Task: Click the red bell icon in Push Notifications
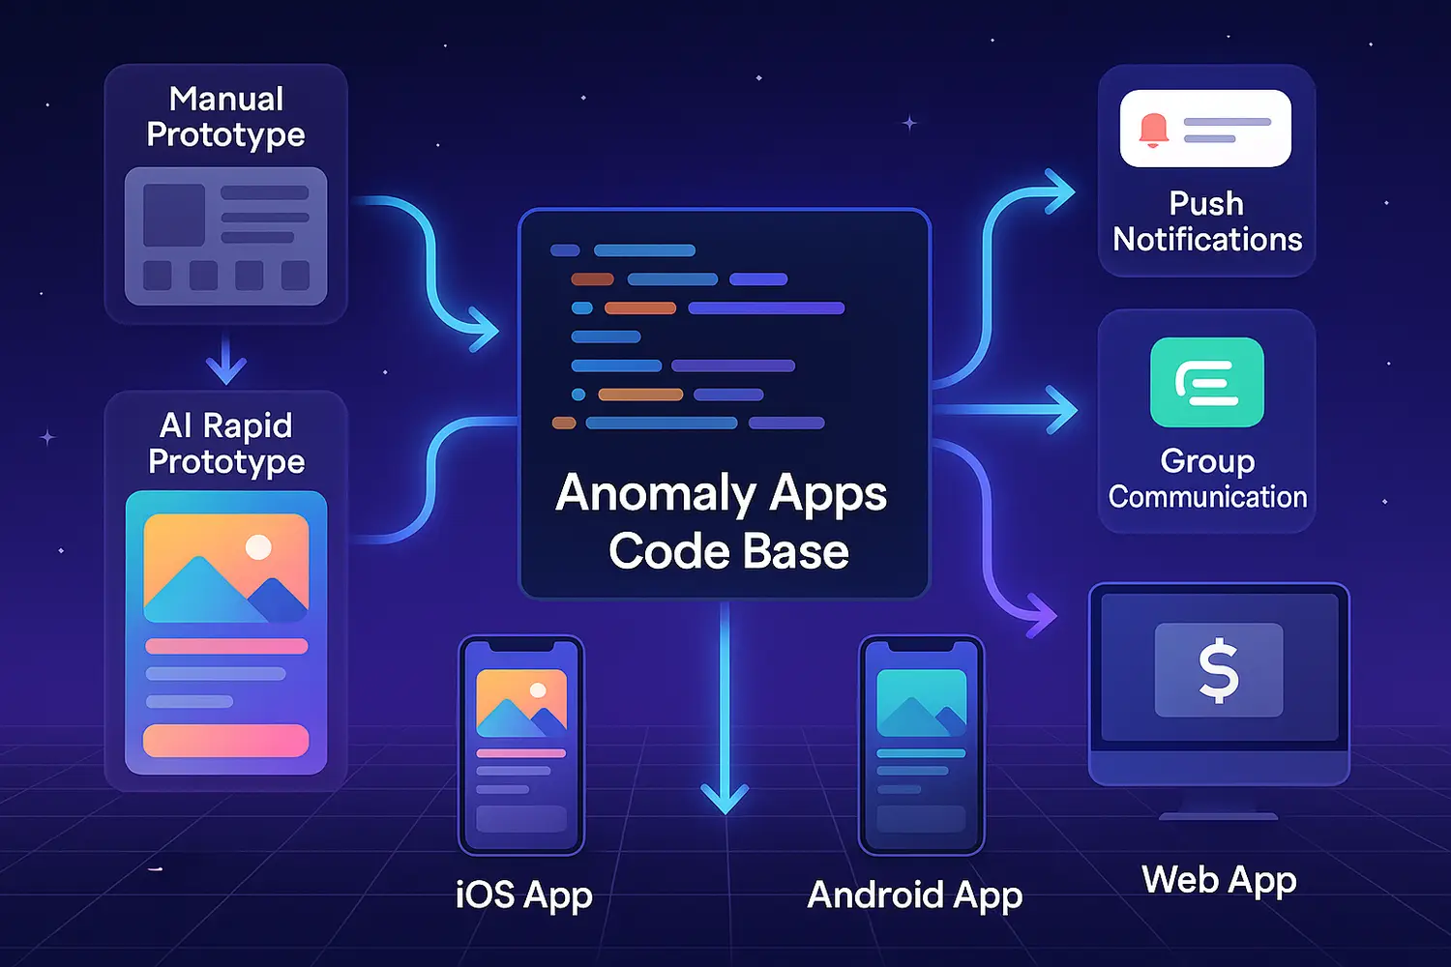1153,130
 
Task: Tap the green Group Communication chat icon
1206,382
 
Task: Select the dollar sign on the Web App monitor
1219,669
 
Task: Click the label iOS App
523,895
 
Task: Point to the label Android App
914,895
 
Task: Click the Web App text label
1219,881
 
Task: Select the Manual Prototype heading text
225,116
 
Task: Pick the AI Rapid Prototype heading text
226,443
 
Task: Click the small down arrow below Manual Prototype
226,367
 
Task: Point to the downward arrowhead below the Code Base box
725,798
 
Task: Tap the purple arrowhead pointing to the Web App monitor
1042,615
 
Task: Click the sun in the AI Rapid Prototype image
258,547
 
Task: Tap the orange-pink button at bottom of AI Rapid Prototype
225,741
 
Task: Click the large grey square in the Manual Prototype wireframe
174,215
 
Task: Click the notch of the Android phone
921,645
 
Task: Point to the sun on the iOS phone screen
538,690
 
